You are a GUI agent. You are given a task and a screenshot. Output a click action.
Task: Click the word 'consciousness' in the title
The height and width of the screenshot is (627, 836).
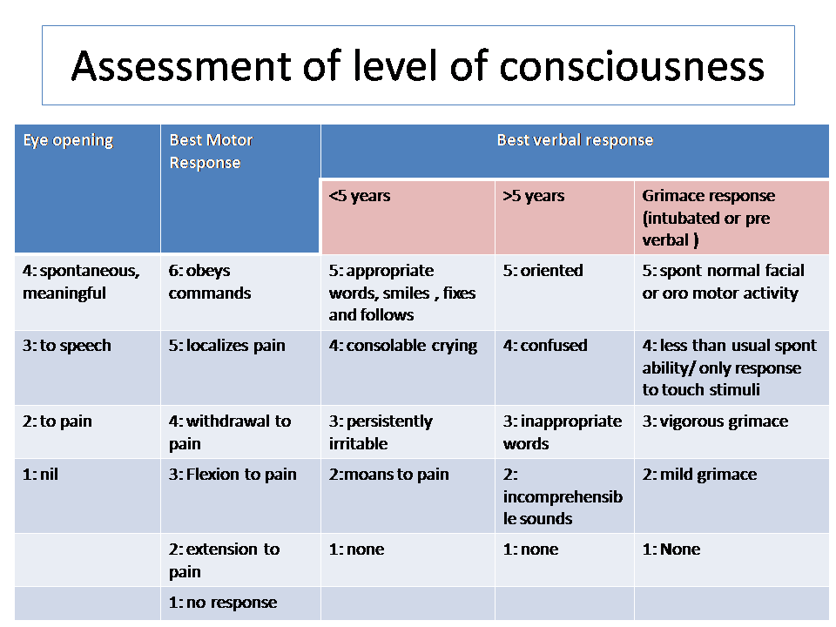(x=632, y=66)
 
